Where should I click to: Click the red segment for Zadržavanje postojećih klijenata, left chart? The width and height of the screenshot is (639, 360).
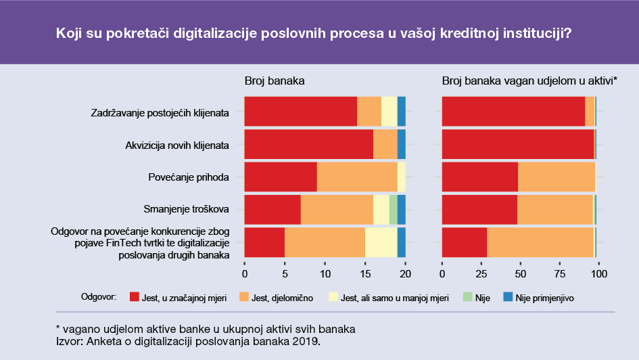(300, 111)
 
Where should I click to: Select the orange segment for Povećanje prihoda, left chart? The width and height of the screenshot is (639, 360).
(357, 177)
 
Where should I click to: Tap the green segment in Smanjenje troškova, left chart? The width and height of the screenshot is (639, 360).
(393, 210)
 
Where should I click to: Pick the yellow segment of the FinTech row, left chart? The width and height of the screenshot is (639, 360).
(381, 242)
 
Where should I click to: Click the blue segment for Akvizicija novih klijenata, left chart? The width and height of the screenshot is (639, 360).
(401, 144)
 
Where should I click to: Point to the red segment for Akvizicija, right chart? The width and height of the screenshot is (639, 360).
(517, 144)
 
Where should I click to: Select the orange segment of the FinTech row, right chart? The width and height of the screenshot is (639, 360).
(540, 242)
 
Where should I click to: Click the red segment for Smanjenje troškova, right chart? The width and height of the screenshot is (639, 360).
(479, 210)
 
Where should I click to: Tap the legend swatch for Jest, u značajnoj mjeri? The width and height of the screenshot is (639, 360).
(134, 298)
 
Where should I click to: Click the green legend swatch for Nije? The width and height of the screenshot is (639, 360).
(467, 298)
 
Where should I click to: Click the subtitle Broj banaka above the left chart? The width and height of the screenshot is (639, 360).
(275, 81)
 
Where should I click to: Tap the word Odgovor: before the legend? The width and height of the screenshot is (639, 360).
(99, 297)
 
